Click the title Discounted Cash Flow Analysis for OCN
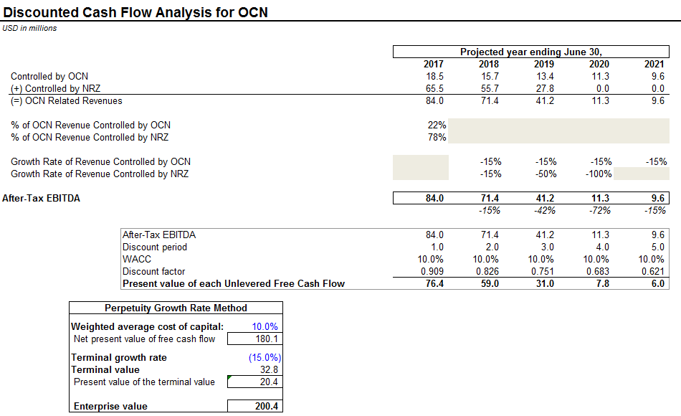coord(135,12)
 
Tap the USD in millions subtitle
coord(29,28)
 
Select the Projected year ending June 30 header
coord(530,52)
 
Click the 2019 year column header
coord(544,64)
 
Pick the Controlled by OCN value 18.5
coord(434,76)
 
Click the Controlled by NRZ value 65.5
coord(434,88)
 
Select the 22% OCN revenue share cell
coord(437,125)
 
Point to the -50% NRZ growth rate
coord(546,174)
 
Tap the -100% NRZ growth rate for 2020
coord(599,174)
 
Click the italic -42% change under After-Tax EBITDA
coord(545,210)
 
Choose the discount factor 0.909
coord(432,271)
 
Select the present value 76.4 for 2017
coord(434,283)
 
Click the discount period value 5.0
coord(658,247)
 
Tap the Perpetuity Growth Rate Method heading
coord(176,308)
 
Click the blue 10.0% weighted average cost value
coord(265,326)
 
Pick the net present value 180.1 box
coord(255,339)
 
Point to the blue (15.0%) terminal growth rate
coord(265,357)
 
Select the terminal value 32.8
coord(269,369)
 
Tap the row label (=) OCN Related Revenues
coord(67,101)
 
